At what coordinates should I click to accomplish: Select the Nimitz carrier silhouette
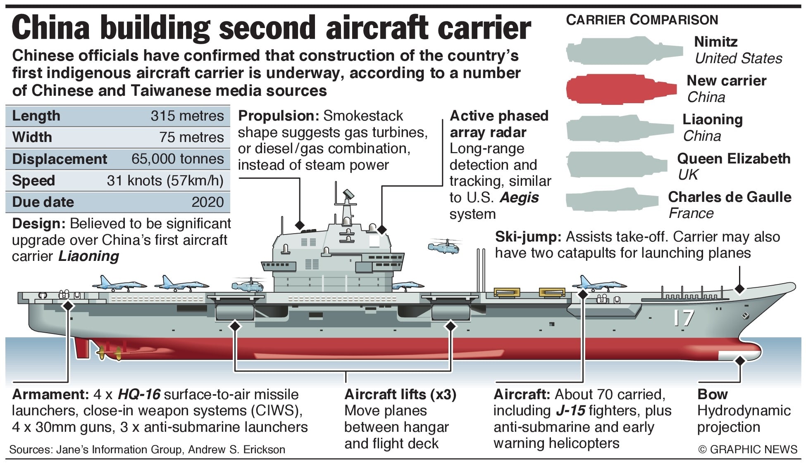click(624, 51)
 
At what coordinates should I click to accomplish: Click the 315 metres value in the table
click(187, 116)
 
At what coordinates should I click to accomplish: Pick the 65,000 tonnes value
click(178, 159)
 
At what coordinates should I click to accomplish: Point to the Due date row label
click(43, 202)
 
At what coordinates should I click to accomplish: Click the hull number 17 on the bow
click(683, 318)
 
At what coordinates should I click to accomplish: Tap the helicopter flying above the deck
click(444, 246)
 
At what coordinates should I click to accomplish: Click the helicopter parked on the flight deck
click(248, 285)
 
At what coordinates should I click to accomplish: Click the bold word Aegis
click(519, 198)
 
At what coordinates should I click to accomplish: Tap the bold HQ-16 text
click(139, 394)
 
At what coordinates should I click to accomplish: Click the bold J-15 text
click(570, 411)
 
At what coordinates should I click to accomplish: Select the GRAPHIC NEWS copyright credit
click(747, 449)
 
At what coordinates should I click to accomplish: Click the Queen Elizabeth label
click(734, 159)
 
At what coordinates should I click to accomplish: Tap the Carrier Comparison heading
click(642, 19)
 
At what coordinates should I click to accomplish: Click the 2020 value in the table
click(207, 202)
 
